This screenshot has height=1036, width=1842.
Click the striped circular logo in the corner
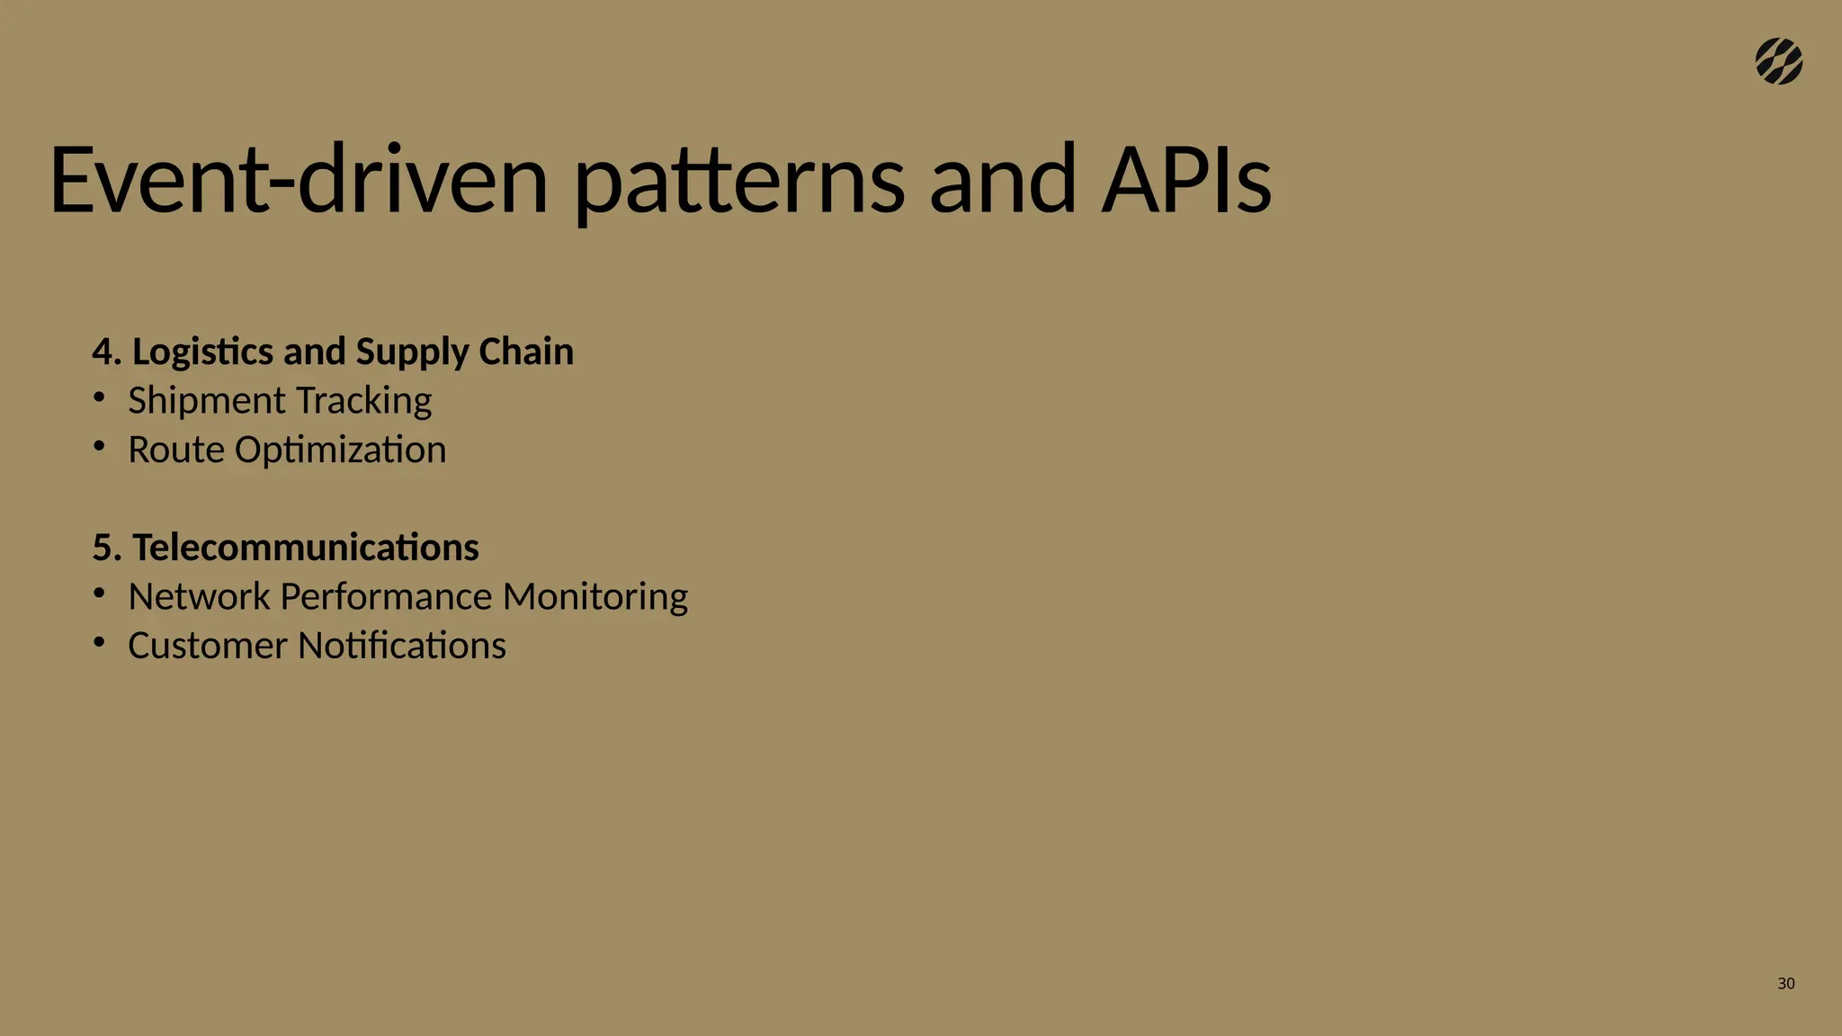tap(1778, 62)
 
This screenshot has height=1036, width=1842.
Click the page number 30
tap(1785, 984)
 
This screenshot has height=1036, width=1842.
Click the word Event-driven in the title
tap(298, 180)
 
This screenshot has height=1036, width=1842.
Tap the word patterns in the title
tap(738, 180)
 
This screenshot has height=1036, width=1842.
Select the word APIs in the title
tap(1186, 180)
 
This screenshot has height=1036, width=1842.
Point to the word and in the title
tap(1002, 180)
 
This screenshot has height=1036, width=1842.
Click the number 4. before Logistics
tap(106, 352)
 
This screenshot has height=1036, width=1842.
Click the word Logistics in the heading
tap(202, 352)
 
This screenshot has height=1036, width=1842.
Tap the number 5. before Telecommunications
tap(106, 548)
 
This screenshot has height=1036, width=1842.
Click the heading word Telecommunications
tap(306, 548)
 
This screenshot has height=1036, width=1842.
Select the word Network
tap(199, 597)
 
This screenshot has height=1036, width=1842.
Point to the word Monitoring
tap(595, 597)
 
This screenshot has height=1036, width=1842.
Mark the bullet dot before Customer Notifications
tap(100, 642)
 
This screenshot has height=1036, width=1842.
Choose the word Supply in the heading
tap(412, 352)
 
